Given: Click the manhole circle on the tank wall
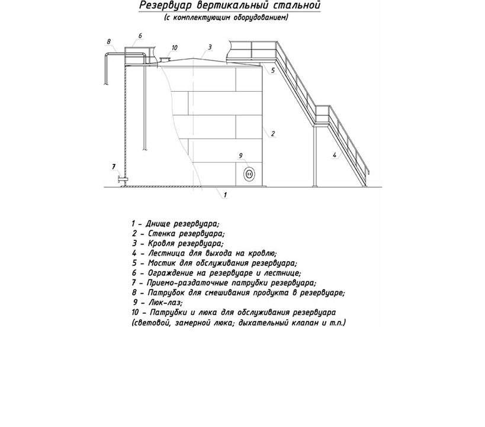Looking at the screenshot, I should pos(249,174).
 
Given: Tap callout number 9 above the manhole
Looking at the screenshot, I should pos(241,156).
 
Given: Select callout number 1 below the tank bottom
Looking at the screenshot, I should pos(226,194).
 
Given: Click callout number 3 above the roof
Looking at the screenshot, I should pos(210,47).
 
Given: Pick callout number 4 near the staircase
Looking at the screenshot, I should pos(335,155).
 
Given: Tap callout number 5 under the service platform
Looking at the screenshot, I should pos(273,70).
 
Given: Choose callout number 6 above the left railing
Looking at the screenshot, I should pos(140,36).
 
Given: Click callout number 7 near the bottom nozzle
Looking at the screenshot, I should pos(114,166).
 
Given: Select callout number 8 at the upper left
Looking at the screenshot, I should pos(109,41).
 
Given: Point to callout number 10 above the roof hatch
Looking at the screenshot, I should pos(174,47).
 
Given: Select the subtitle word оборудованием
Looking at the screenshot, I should pos(261,18).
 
